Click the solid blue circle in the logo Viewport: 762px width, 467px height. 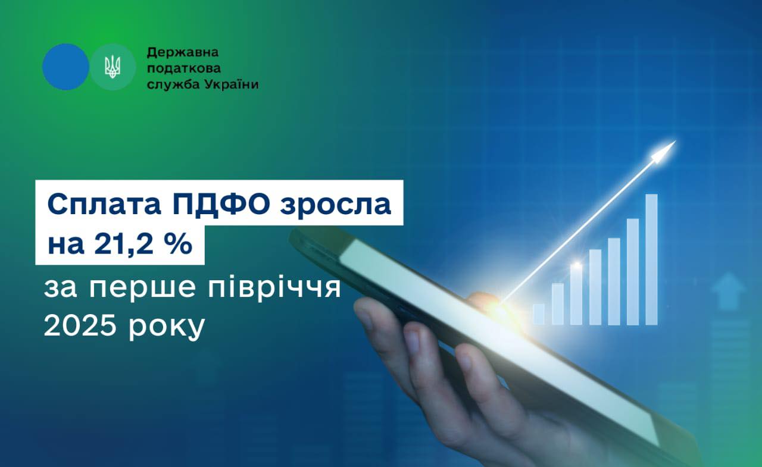click(65, 67)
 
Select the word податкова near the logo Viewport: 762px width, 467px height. click(176, 68)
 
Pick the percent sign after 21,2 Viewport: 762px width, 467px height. click(181, 245)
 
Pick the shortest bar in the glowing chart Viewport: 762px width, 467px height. click(538, 314)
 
